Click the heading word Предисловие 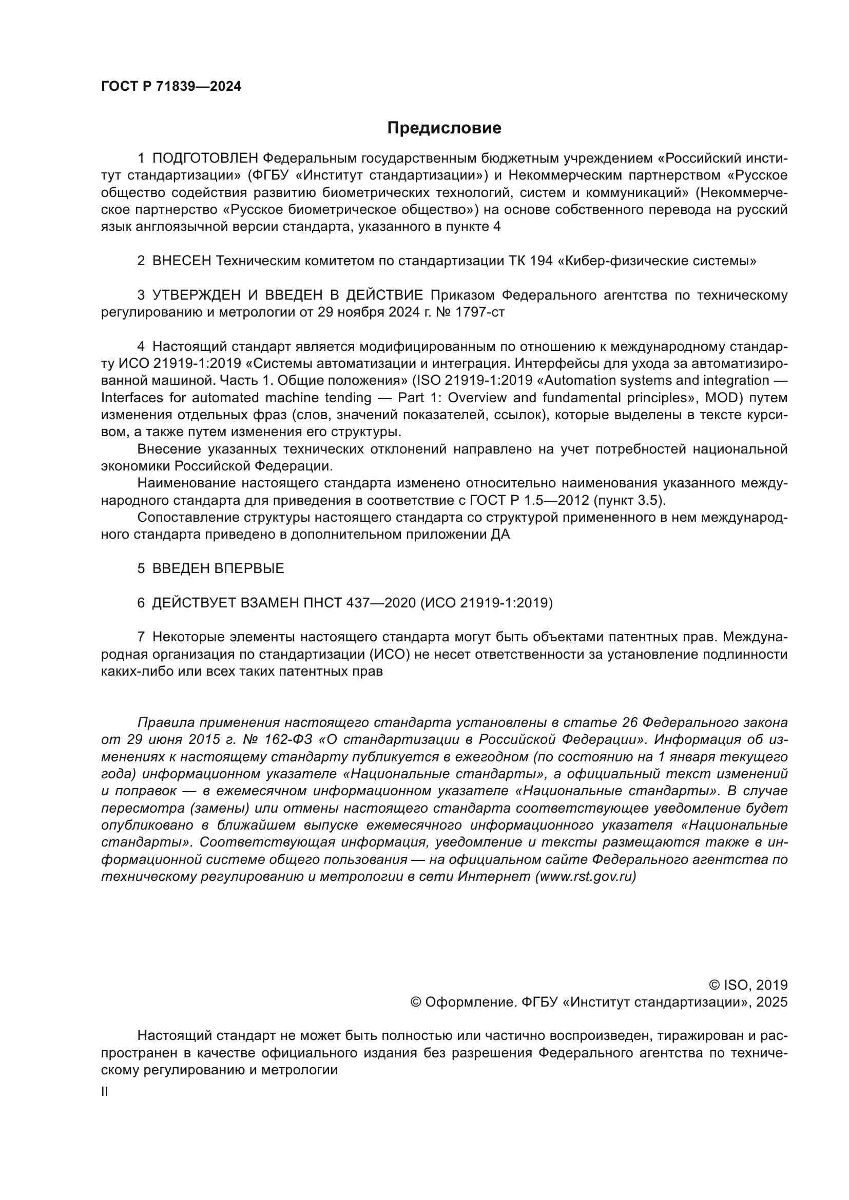click(444, 128)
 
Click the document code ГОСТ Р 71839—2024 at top click(171, 87)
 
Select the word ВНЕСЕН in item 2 click(181, 261)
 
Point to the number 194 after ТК click(542, 261)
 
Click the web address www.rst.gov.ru click(586, 876)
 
